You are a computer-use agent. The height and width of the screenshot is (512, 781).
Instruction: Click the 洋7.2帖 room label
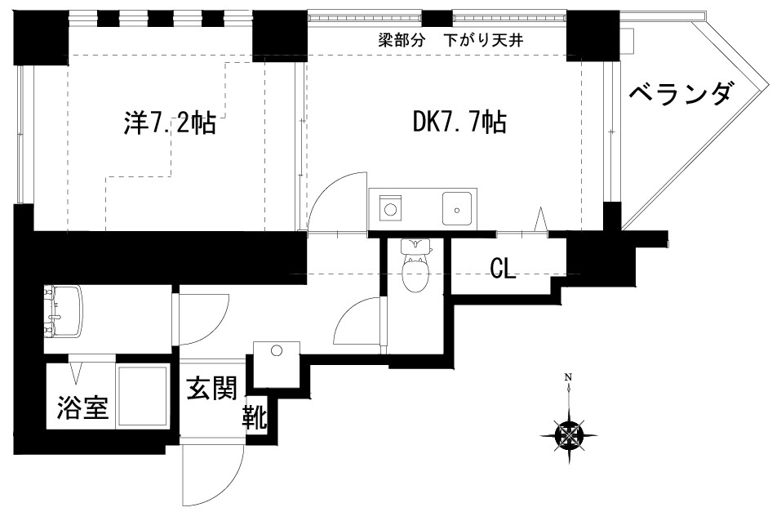click(x=169, y=123)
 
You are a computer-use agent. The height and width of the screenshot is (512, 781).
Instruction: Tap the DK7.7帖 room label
click(x=459, y=122)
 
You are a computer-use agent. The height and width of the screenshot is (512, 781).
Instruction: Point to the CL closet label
click(x=503, y=269)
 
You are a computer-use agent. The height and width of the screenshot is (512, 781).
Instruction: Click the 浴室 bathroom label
click(x=82, y=407)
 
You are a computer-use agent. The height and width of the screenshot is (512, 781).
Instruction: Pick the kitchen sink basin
click(x=458, y=207)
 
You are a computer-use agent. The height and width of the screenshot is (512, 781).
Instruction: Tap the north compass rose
click(x=569, y=434)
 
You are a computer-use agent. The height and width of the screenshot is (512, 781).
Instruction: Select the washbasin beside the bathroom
click(x=63, y=310)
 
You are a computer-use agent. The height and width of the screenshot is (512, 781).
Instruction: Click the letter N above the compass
click(x=568, y=377)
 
